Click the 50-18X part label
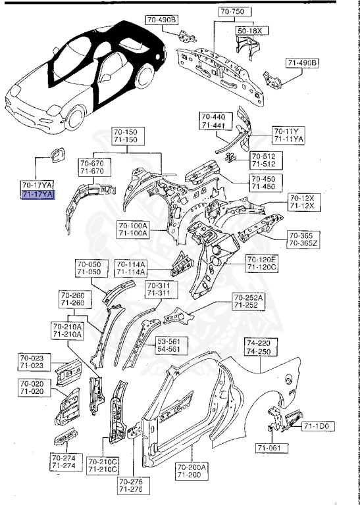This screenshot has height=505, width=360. coord(249,30)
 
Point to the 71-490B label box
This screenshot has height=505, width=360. coord(302,62)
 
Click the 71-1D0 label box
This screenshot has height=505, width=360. coord(319,427)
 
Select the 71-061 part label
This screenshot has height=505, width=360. coord(270,448)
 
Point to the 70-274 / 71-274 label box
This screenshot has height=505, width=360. coord(64,462)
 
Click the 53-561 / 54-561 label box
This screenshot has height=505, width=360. coord(172,345)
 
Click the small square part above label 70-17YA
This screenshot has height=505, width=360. coord(55,156)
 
